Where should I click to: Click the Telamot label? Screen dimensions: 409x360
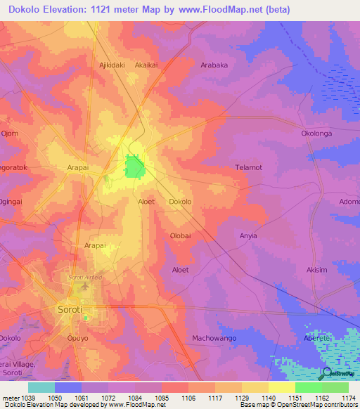pyautogui.click(x=248, y=167)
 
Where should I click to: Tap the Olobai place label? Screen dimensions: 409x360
pyautogui.click(x=180, y=235)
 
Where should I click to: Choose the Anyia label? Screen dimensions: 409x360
pyautogui.click(x=249, y=235)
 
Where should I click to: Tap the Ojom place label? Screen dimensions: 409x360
pyautogui.click(x=9, y=133)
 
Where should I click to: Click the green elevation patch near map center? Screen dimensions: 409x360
pyautogui.click(x=134, y=167)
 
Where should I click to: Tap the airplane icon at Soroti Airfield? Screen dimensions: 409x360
pyautogui.click(x=86, y=286)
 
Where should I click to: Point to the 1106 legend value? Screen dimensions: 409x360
pyautogui.click(x=188, y=398)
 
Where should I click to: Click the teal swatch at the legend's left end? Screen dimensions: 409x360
pyautogui.click(x=41, y=387)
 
